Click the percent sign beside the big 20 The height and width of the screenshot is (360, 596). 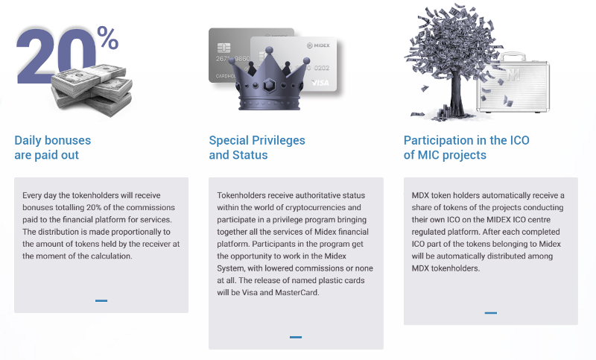tap(108, 37)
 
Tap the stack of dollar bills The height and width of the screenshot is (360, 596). tap(92, 89)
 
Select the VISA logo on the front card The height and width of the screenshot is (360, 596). tap(320, 83)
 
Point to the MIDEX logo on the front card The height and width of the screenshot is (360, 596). tap(318, 45)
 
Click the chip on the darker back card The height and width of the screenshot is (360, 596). tap(224, 48)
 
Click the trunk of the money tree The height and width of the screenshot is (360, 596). tap(457, 91)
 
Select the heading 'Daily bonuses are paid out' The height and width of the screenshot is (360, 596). tap(53, 148)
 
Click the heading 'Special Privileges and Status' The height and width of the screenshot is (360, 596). tap(257, 148)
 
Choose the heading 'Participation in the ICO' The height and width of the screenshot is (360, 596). tap(466, 140)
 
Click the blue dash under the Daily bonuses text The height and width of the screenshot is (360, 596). tap(101, 300)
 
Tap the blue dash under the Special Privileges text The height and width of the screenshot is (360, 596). tap(296, 337)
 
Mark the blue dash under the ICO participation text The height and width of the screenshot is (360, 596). tap(491, 313)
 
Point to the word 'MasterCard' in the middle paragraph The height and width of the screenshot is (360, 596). tap(297, 293)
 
